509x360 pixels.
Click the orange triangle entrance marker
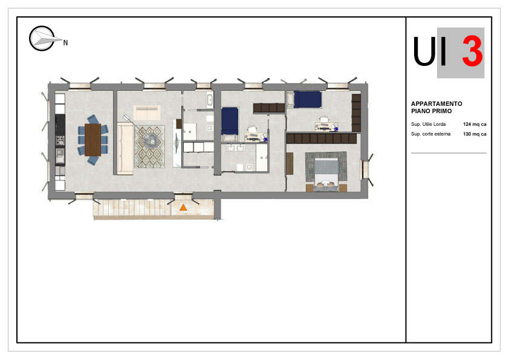(x=183, y=208)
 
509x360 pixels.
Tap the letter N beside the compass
(x=65, y=42)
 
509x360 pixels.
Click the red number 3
(x=472, y=51)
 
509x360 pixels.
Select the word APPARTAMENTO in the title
(x=436, y=103)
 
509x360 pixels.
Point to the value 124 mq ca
(x=475, y=124)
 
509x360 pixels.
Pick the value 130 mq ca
(x=475, y=134)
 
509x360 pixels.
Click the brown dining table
(x=93, y=140)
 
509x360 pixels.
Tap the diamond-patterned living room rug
(x=150, y=147)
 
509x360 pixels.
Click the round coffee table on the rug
(x=151, y=141)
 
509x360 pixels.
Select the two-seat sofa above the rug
(x=147, y=113)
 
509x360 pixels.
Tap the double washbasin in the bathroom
(x=236, y=148)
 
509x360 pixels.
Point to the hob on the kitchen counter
(x=60, y=140)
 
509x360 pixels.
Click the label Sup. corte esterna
(x=430, y=134)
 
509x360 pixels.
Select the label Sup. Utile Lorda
(x=428, y=124)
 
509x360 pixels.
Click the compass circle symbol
(x=42, y=38)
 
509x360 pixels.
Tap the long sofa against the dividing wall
(x=125, y=149)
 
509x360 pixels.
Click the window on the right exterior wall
(x=366, y=169)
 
